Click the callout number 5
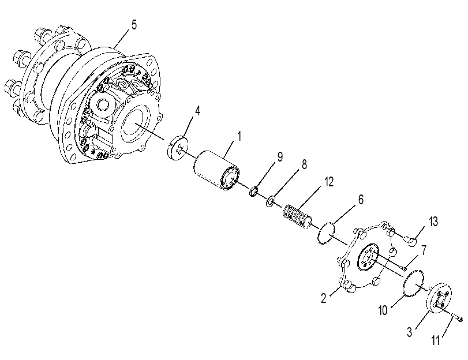tap(134, 25)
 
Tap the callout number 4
tap(197, 111)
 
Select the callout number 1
tap(239, 136)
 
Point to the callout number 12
tap(328, 182)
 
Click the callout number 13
tap(433, 222)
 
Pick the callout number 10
tap(383, 310)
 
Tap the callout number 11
tap(436, 340)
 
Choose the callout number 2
tap(324, 298)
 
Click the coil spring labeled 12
tap(297, 217)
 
